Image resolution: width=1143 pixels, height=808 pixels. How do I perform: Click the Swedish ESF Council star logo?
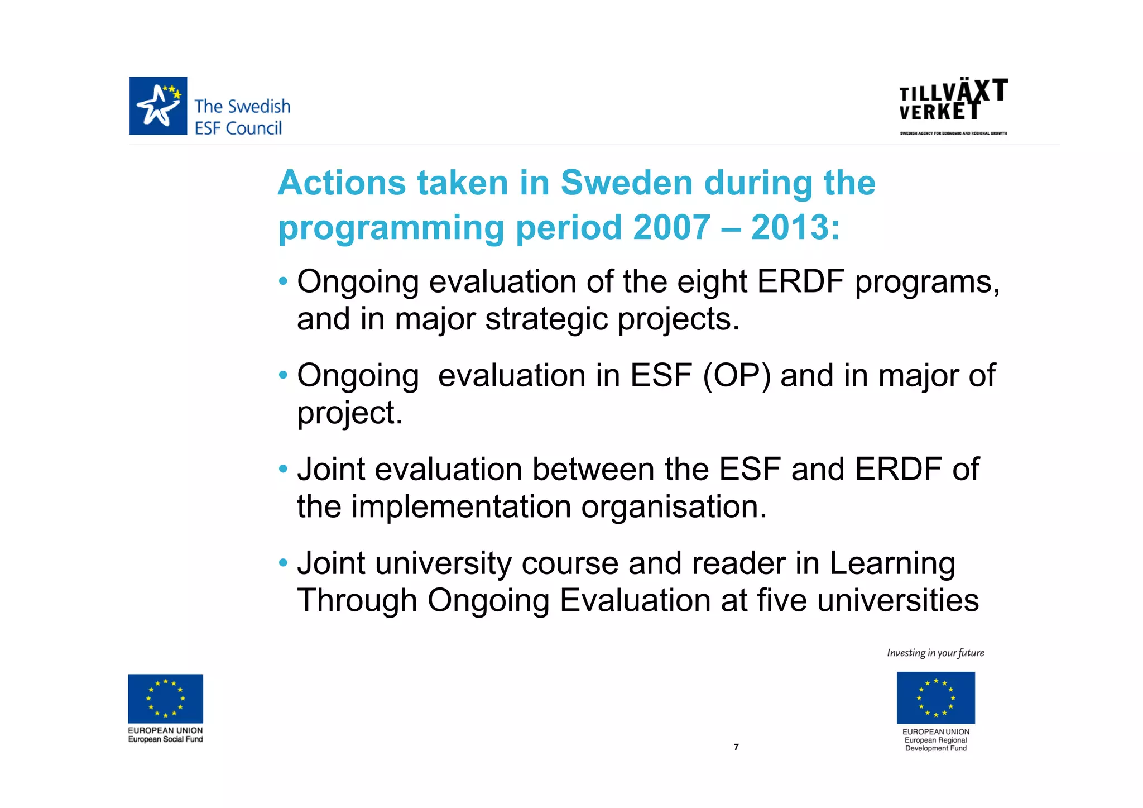click(158, 106)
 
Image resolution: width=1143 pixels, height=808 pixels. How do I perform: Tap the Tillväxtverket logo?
click(953, 101)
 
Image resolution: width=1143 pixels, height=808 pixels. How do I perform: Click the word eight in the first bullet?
click(711, 282)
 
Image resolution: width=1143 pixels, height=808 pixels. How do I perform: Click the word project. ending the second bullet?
click(350, 413)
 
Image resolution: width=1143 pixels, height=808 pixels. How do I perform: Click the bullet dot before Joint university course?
click(284, 561)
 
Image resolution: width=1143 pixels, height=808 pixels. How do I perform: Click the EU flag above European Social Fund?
click(165, 699)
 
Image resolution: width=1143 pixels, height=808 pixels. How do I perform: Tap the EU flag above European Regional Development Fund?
click(935, 697)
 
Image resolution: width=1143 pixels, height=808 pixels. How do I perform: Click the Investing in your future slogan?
click(935, 653)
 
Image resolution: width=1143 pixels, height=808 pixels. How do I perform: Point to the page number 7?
click(736, 747)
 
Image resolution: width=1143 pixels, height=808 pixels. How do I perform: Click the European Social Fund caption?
click(165, 739)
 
